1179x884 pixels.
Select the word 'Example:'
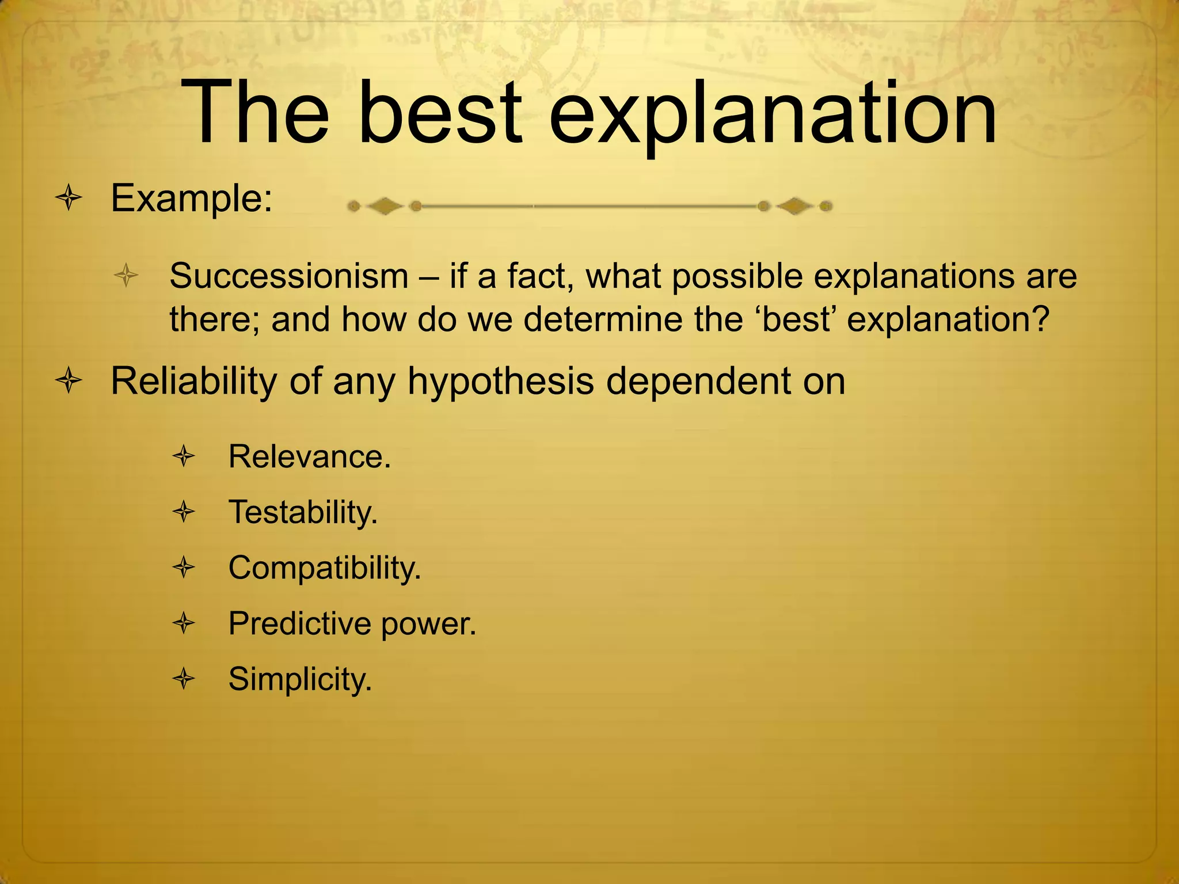[x=191, y=199]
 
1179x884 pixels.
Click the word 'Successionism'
[x=288, y=276]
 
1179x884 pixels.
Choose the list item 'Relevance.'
[x=310, y=457]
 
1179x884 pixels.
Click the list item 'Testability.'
[x=303, y=512]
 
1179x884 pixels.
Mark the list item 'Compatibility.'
[x=325, y=569]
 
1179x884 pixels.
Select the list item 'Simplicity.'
[x=300, y=679]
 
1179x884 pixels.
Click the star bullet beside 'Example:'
[x=69, y=199]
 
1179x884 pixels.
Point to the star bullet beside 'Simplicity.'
[x=184, y=679]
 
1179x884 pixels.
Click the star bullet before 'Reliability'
[x=69, y=381]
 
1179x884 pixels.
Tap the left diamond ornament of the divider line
[x=385, y=206]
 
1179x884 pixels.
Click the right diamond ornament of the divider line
[x=795, y=206]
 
